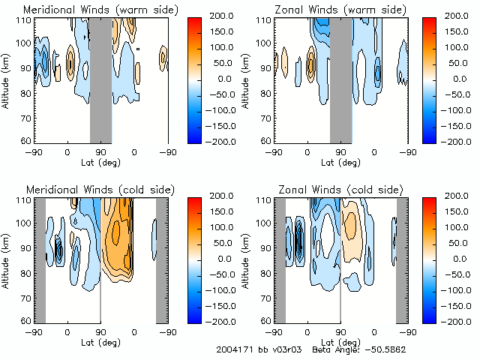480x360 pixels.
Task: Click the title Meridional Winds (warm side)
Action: pos(100,9)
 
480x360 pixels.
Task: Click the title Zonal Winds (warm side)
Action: pos(340,9)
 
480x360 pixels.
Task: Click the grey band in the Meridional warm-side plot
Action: pos(100,79)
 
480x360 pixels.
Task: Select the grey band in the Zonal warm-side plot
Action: pos(340,79)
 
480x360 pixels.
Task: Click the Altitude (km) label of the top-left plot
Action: pos(7,79)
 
